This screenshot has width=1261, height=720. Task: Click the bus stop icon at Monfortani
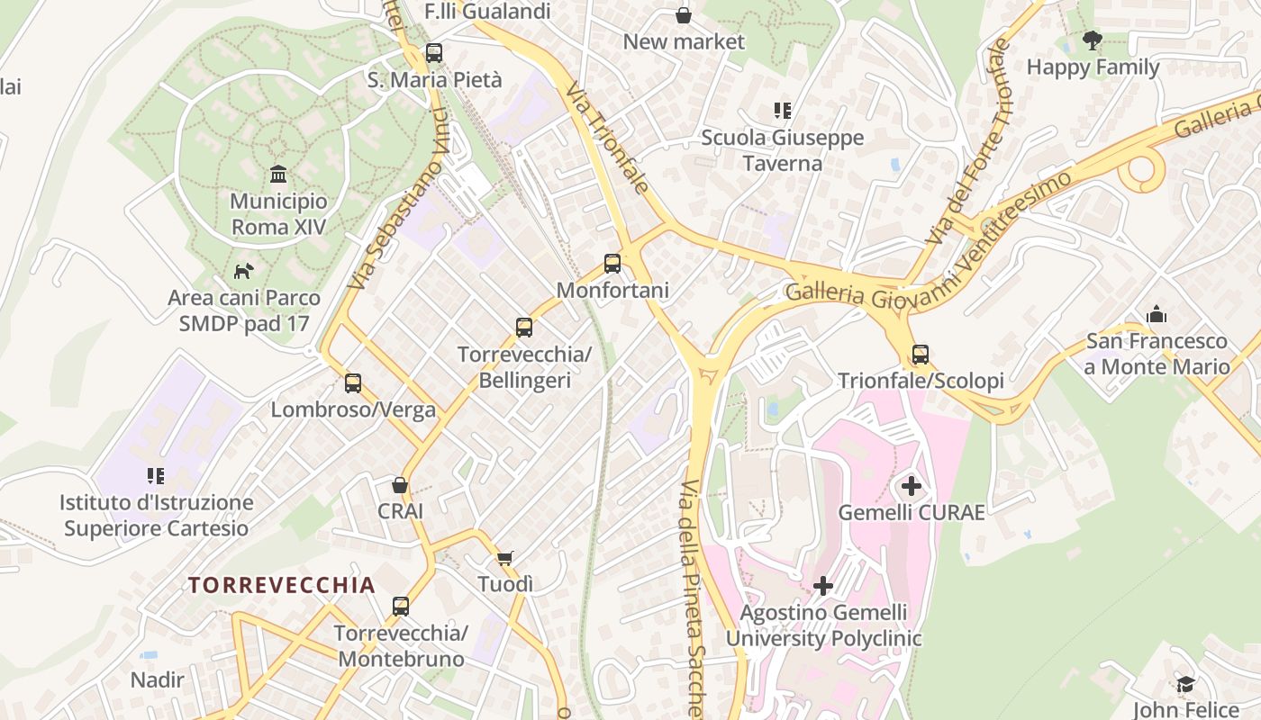pyautogui.click(x=612, y=264)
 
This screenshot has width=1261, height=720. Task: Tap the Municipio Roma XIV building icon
pyautogui.click(x=278, y=174)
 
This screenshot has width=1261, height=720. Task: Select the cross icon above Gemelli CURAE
pyautogui.click(x=912, y=487)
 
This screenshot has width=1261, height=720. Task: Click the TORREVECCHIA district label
pyautogui.click(x=281, y=585)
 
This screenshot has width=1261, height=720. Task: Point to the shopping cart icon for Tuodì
pyautogui.click(x=505, y=558)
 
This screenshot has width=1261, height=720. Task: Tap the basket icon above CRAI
pyautogui.click(x=400, y=485)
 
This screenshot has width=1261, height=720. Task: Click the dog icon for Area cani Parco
pyautogui.click(x=243, y=270)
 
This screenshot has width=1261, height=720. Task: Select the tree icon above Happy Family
pyautogui.click(x=1093, y=40)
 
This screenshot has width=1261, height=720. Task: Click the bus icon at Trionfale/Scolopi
pyautogui.click(x=920, y=355)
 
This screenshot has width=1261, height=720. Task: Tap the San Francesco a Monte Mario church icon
pyautogui.click(x=1157, y=314)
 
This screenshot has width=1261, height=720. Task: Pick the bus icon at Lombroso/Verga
pyautogui.click(x=353, y=383)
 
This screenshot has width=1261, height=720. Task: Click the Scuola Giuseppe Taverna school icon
pyautogui.click(x=782, y=111)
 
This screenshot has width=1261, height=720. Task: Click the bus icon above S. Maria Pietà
pyautogui.click(x=434, y=53)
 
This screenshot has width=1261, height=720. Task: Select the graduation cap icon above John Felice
pyautogui.click(x=1185, y=684)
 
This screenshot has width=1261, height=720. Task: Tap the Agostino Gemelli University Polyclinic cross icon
pyautogui.click(x=822, y=587)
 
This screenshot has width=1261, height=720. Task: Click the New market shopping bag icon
pyautogui.click(x=684, y=15)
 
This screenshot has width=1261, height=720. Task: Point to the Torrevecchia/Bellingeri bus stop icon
pyautogui.click(x=524, y=328)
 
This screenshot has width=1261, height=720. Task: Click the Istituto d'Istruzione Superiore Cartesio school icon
pyautogui.click(x=156, y=475)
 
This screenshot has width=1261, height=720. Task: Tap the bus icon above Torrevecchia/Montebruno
pyautogui.click(x=401, y=607)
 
